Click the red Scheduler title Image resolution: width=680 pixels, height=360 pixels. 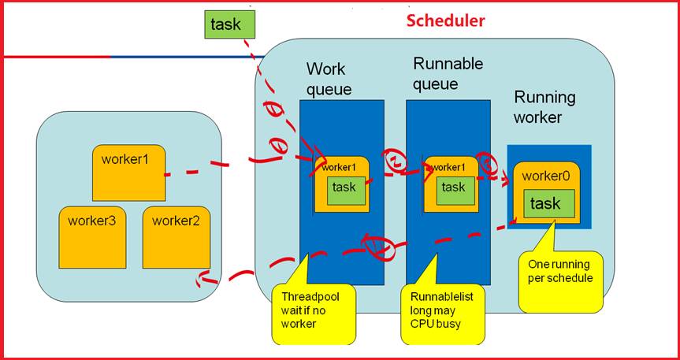pos(445,21)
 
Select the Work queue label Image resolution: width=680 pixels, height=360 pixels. pos(329,79)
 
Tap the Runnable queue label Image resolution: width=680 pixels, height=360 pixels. pos(448,73)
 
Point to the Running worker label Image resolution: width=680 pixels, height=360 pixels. pos(544,107)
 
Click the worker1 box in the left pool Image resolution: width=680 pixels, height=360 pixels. pos(128,173)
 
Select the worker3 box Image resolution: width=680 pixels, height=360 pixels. pos(91,236)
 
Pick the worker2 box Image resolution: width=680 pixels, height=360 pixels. pos(175,236)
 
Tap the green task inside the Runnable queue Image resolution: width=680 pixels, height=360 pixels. pos(452,189)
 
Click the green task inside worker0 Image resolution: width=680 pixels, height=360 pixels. pos(544,204)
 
